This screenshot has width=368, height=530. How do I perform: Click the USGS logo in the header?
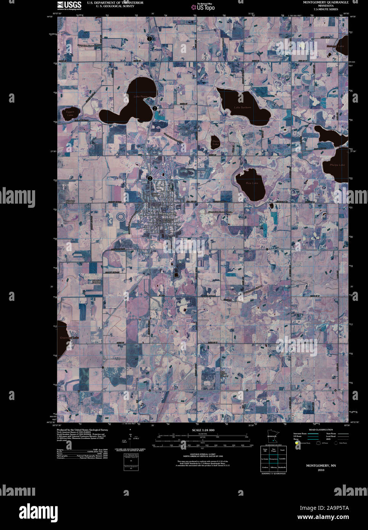69,5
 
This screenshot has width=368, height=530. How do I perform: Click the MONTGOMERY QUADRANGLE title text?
326,2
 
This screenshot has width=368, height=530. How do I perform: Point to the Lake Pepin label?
140,96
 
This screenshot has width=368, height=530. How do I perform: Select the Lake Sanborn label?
242,108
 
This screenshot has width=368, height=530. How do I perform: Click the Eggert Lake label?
70,113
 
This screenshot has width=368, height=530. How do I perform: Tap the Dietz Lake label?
216,143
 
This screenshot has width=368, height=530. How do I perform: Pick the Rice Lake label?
252,183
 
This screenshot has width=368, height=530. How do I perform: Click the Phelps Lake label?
337,165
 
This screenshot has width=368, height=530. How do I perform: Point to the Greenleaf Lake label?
69,337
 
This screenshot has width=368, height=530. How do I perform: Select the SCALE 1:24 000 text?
203,430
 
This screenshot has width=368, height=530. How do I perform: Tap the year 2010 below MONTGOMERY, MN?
321,470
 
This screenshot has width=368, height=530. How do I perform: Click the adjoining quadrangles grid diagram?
273,459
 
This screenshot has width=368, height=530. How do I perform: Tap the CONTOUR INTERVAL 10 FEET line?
203,454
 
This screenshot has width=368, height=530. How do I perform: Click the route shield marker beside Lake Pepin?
155,108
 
